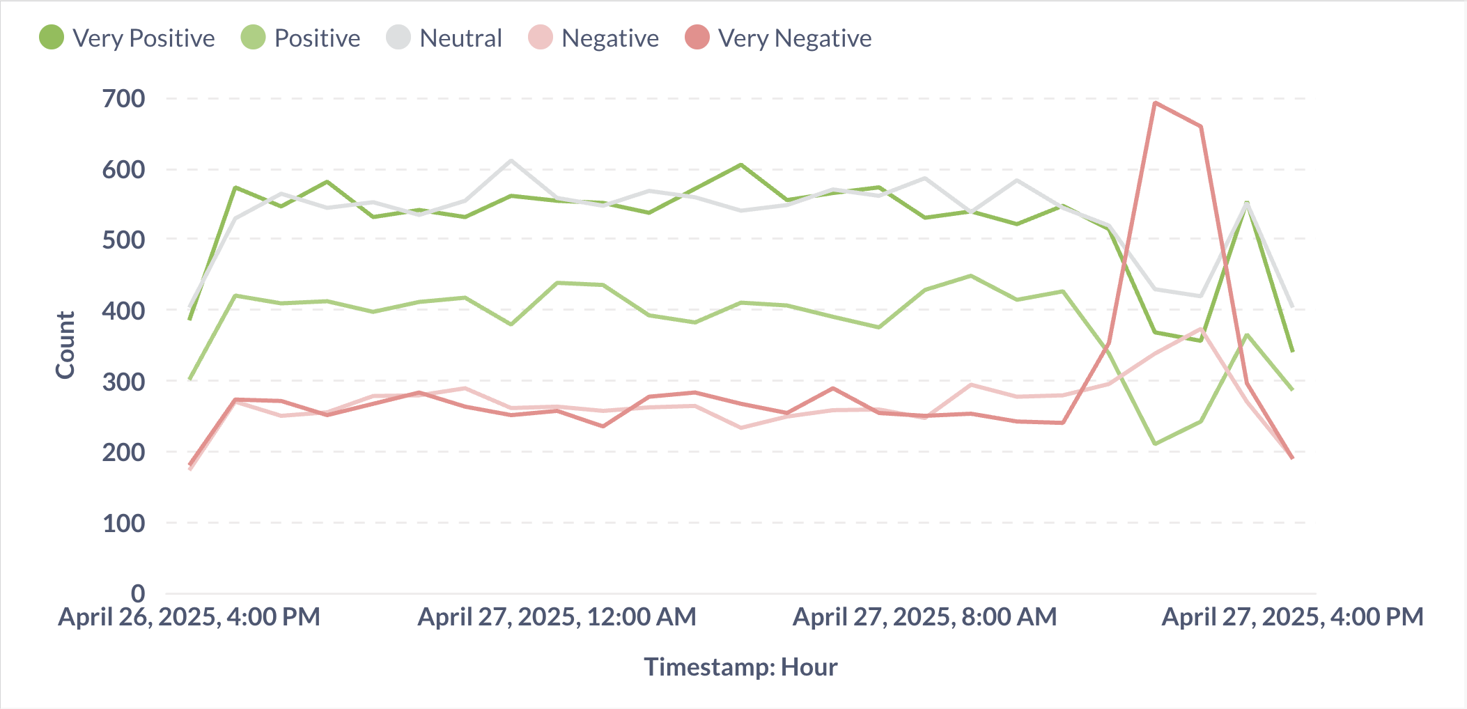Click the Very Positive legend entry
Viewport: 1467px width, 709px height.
coord(127,38)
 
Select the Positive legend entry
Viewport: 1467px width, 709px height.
coord(301,38)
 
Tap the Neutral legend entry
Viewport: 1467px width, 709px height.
coord(444,38)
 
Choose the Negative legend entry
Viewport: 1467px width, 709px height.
coord(593,38)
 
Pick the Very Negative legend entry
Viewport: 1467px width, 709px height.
coord(779,38)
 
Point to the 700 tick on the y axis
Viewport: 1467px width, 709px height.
coord(124,98)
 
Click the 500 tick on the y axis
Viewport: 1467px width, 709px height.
coord(124,240)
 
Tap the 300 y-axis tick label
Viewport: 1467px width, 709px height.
coord(124,381)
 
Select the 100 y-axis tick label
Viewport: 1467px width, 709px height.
coord(124,522)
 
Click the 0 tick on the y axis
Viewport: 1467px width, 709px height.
coord(138,593)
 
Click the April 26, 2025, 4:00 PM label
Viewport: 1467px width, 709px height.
coord(189,616)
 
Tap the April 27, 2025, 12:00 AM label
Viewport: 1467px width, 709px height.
coord(557,616)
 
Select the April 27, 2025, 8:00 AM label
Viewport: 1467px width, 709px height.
coord(924,616)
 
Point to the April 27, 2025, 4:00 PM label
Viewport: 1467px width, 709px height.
coord(1292,616)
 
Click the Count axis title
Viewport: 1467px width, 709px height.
coord(65,345)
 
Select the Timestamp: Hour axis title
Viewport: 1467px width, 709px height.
coord(740,667)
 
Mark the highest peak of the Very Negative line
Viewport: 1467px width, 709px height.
coord(1155,103)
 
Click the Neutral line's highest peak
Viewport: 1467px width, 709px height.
coord(511,161)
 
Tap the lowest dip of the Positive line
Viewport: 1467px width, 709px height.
coord(1155,444)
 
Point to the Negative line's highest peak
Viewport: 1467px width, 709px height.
coord(1201,329)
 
